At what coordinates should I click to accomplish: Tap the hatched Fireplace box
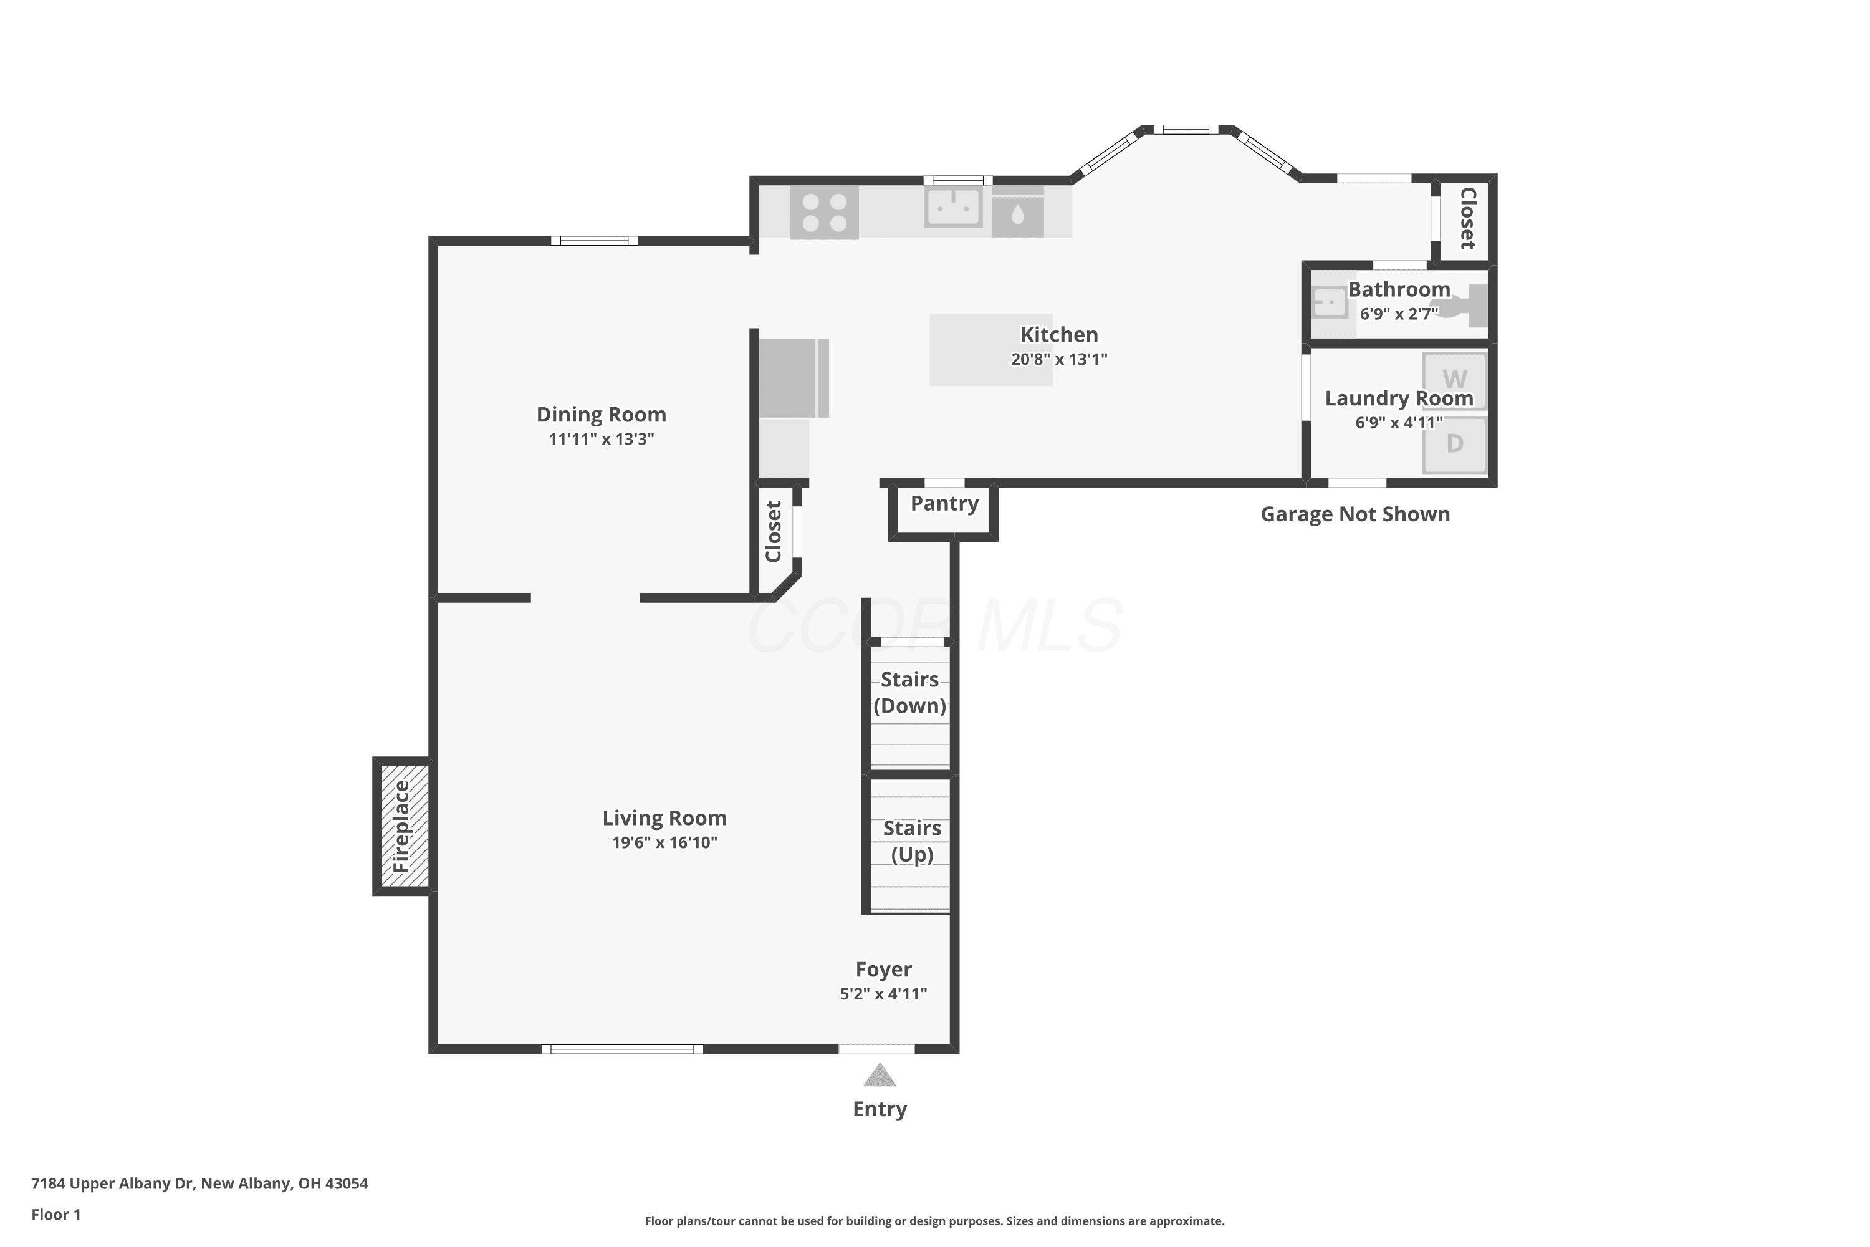tap(404, 826)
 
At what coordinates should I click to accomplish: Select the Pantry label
tap(944, 503)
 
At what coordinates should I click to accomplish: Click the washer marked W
tap(1454, 380)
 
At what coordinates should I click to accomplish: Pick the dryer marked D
tap(1454, 444)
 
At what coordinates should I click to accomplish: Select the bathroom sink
tap(1330, 303)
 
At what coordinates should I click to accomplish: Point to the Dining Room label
tap(601, 415)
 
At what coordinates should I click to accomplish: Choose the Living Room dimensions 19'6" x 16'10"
tap(664, 843)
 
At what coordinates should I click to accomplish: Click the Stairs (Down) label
tap(909, 693)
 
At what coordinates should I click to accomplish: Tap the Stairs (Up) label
tap(912, 841)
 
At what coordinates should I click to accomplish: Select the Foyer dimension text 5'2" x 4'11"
tap(883, 994)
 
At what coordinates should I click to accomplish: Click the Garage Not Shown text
tap(1356, 514)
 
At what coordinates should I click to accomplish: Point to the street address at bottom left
tap(199, 1183)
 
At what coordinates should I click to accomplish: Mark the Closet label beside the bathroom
tap(1468, 218)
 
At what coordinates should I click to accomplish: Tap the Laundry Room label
tap(1399, 398)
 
